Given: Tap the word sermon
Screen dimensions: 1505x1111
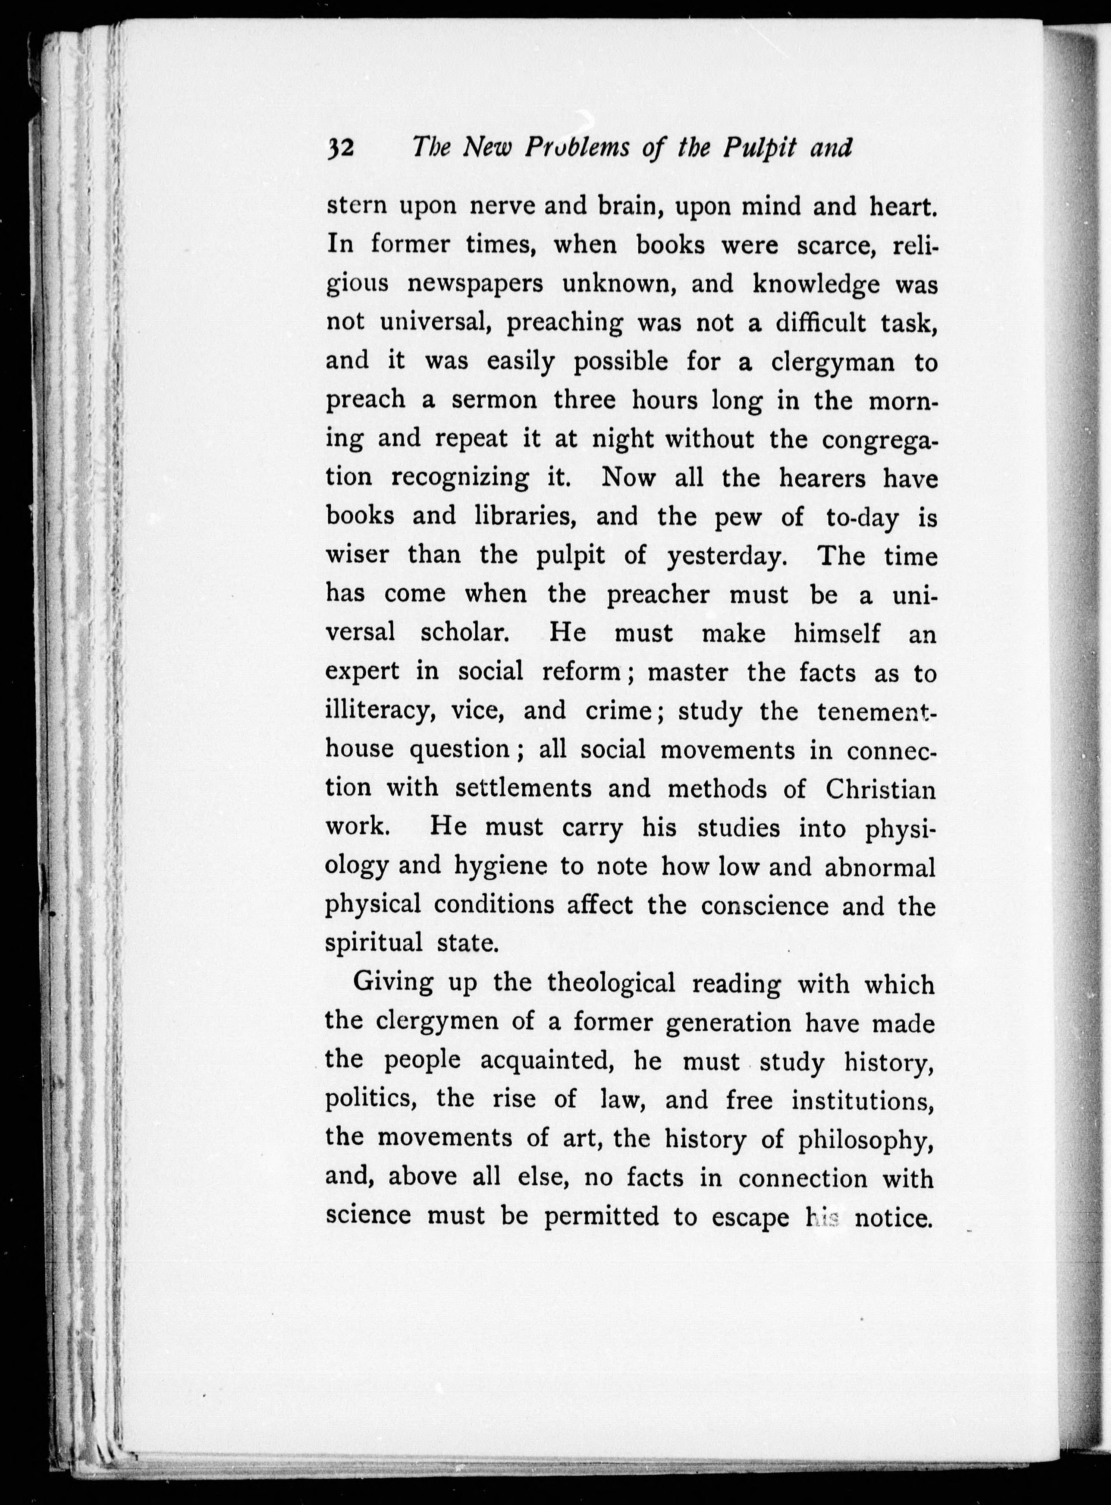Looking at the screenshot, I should tap(494, 400).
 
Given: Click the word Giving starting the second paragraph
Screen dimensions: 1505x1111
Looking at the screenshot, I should tap(393, 984).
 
